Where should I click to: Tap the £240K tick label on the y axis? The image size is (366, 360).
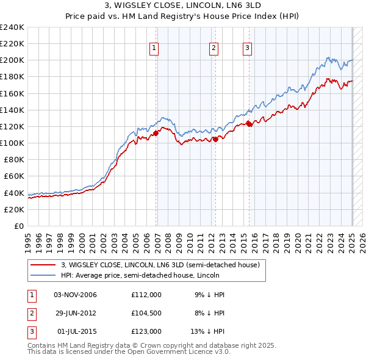tap(12, 27)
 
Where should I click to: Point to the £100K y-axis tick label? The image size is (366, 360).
tap(12, 143)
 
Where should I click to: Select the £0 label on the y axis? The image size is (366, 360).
tap(20, 226)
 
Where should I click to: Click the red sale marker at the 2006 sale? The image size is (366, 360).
tap(156, 132)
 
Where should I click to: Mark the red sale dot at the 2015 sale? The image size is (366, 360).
tap(249, 124)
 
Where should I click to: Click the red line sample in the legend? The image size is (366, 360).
tap(43, 265)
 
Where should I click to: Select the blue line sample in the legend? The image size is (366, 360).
tap(43, 275)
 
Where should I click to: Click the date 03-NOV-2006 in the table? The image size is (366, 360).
tap(75, 295)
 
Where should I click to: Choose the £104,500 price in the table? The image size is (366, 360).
tap(146, 313)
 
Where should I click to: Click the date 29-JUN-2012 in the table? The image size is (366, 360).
tap(75, 313)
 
